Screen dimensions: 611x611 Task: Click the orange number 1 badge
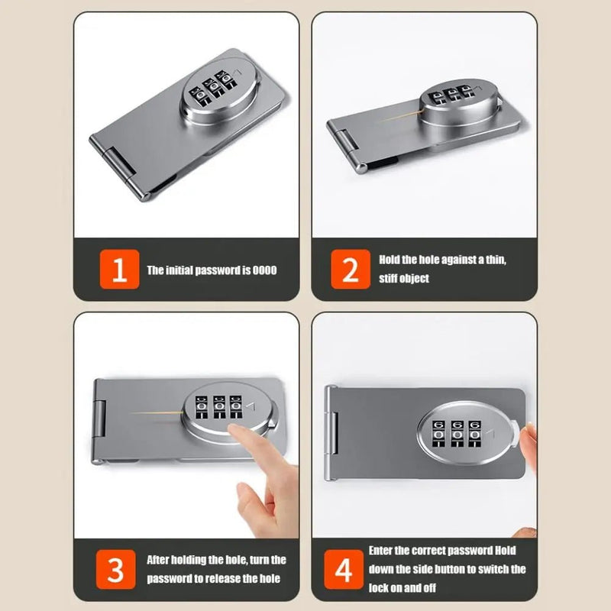point(119,270)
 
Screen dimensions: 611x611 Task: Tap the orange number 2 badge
point(350,270)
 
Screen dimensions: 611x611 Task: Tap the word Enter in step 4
point(381,550)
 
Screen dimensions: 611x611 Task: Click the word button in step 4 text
point(474,569)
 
